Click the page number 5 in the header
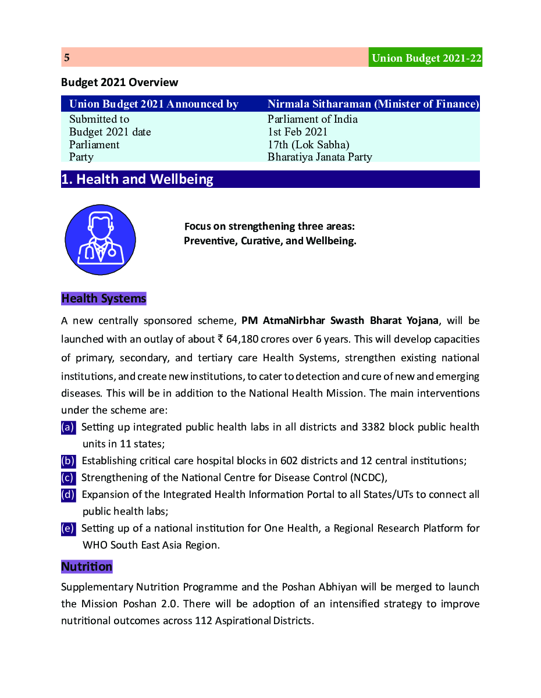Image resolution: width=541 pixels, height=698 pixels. coord(67,58)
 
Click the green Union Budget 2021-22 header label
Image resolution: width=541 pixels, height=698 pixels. coord(426,58)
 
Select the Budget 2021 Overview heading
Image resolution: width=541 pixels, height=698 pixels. coord(119,83)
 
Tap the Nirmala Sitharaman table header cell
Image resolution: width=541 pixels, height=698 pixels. coord(373,104)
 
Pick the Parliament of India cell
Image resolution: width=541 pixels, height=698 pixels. coord(312,119)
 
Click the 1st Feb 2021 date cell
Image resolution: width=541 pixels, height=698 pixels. coord(298,132)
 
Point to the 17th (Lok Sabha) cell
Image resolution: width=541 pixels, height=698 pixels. coord(308,144)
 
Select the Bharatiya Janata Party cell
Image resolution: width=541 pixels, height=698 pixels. coord(319,157)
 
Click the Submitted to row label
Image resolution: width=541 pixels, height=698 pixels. coord(99,119)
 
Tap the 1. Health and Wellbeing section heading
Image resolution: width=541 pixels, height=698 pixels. coord(137,179)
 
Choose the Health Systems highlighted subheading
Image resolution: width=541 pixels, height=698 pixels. coord(104,298)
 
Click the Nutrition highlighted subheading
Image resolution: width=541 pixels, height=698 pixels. coord(87,567)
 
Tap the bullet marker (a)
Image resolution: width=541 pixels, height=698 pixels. coord(68,428)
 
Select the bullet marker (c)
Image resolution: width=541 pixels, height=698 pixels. coord(68,478)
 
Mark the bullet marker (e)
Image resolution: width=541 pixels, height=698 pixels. coord(68,529)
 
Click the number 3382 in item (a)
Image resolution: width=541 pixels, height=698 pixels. coord(373,428)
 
